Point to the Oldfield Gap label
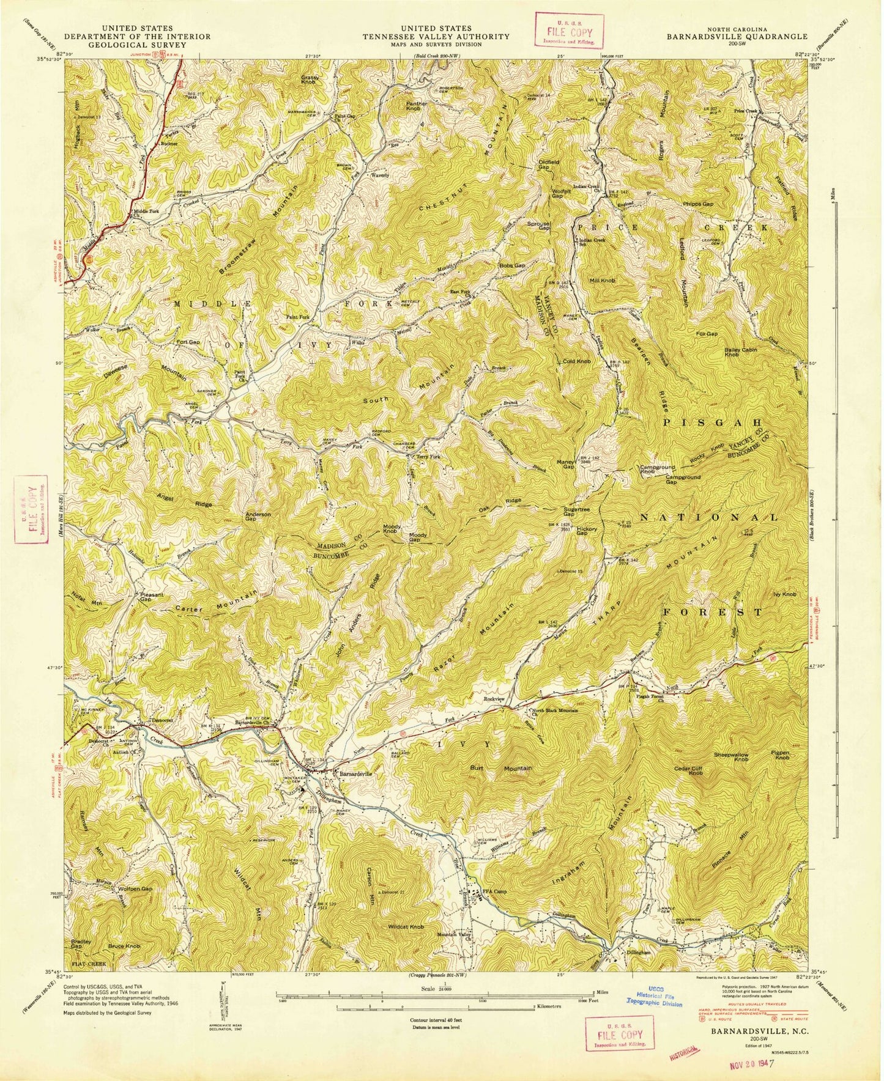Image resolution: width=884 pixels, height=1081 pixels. pyautogui.click(x=550, y=164)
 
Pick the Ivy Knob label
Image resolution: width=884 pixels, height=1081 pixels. pyautogui.click(x=785, y=594)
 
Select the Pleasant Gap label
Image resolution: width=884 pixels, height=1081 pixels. pyautogui.click(x=151, y=597)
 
